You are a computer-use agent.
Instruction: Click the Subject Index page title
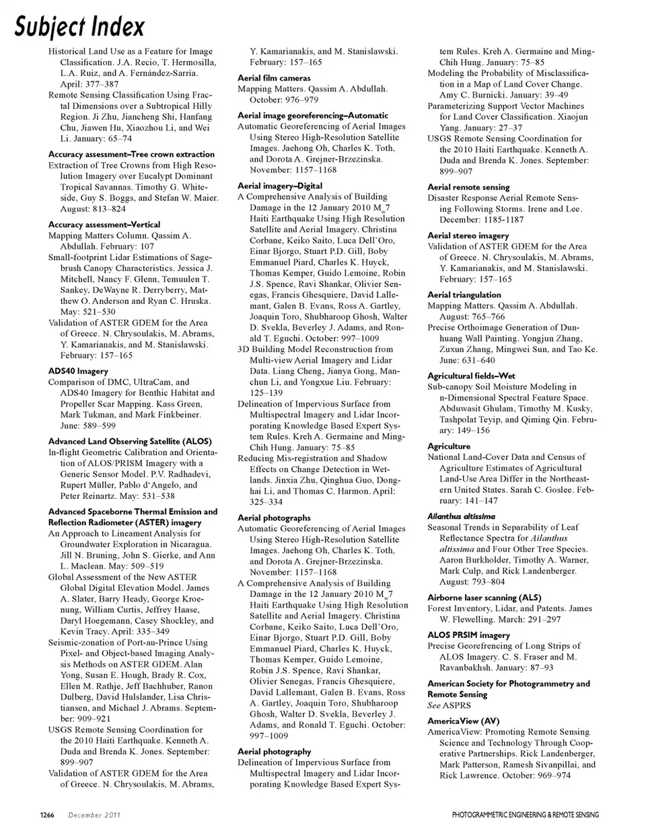(79, 27)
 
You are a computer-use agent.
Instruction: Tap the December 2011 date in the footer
(94, 815)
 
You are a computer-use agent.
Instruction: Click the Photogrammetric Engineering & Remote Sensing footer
(525, 815)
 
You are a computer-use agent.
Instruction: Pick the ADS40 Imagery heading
(78, 371)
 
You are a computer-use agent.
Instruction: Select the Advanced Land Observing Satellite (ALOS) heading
(130, 442)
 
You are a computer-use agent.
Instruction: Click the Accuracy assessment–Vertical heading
(104, 225)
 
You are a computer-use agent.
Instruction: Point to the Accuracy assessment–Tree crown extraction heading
(131, 154)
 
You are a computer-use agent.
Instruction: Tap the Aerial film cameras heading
(274, 78)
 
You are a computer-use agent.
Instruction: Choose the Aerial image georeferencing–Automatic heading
(313, 116)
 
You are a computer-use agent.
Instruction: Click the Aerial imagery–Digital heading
(284, 186)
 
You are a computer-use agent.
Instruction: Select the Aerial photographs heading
(274, 518)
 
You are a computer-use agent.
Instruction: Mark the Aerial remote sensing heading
(468, 187)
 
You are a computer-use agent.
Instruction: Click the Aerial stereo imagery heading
(468, 236)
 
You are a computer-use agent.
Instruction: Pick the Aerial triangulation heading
(464, 295)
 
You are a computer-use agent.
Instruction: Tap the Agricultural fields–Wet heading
(471, 376)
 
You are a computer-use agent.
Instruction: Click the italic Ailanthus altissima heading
(461, 516)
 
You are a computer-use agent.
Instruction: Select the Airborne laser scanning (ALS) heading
(484, 598)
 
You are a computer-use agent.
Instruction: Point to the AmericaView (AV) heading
(464, 721)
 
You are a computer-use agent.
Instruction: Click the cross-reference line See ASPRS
(449, 705)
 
